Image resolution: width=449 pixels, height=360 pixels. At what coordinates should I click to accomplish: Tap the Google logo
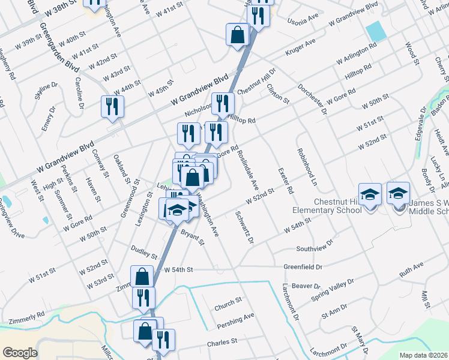coord(20,353)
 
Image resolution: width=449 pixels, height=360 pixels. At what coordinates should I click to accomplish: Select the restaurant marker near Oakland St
coord(112,107)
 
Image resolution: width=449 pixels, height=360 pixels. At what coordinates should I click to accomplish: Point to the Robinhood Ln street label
coord(303,168)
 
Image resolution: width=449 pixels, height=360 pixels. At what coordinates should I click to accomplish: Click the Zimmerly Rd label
coord(23,315)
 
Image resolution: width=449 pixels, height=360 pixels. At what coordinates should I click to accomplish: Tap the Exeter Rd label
coord(285,180)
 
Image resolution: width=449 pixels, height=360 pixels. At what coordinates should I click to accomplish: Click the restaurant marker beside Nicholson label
coord(223,104)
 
